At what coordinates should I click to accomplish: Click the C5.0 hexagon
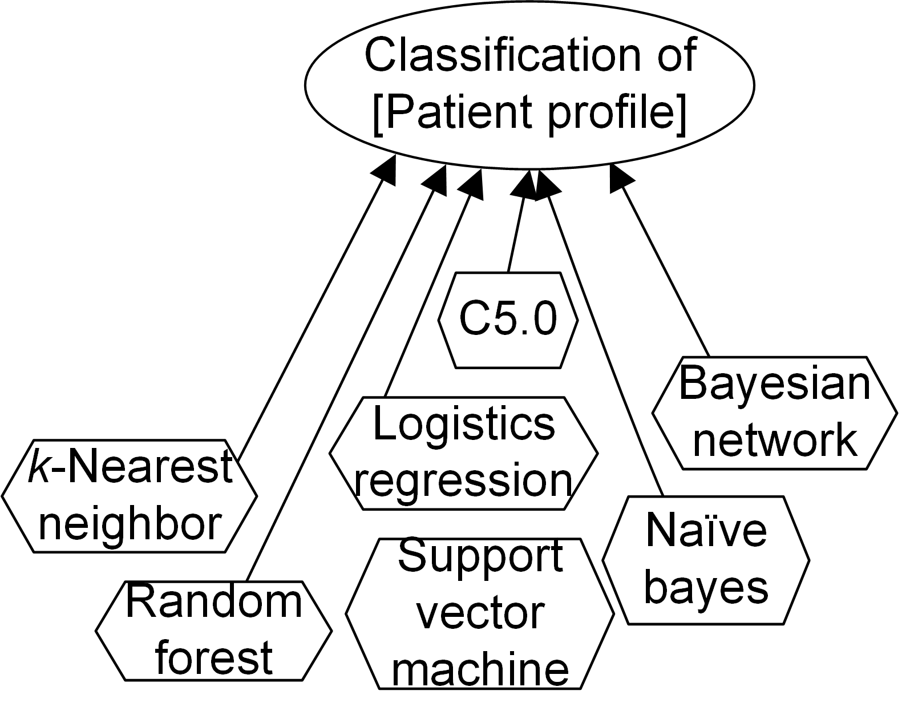point(508,320)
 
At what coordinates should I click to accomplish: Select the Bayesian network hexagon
point(774,413)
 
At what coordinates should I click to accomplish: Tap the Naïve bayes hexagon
point(706,560)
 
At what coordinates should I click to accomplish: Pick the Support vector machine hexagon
point(480,613)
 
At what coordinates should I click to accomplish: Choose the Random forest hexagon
point(213,630)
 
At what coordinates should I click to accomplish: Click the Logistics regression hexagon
point(463,453)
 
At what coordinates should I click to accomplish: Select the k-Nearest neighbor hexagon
point(130,495)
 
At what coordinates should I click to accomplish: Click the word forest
point(213,657)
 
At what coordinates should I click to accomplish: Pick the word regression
point(463,480)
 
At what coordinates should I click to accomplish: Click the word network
point(775,440)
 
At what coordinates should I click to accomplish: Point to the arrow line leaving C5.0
point(516,234)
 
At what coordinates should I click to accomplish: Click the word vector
point(480,613)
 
